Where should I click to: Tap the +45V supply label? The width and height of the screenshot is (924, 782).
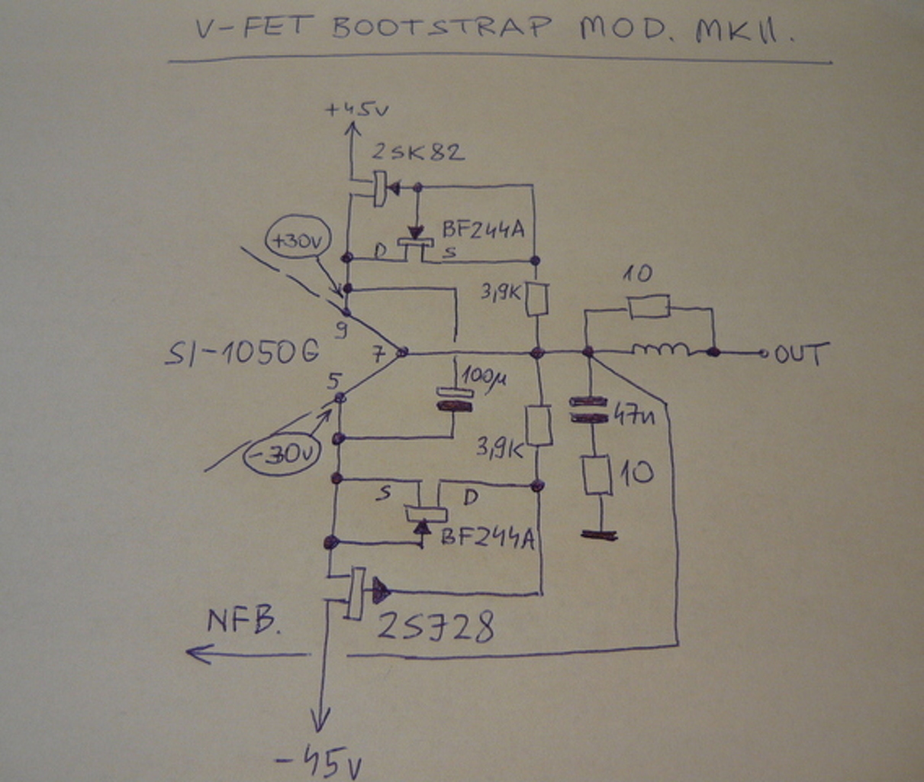pyautogui.click(x=356, y=109)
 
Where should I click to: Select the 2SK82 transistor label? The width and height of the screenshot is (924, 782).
pyautogui.click(x=417, y=152)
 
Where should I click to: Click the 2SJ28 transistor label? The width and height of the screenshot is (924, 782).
pyautogui.click(x=436, y=628)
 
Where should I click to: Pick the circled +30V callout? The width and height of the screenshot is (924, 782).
pyautogui.click(x=297, y=242)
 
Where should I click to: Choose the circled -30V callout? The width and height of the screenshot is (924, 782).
pyautogui.click(x=282, y=455)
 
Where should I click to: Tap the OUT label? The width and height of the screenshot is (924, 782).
pyautogui.click(x=801, y=354)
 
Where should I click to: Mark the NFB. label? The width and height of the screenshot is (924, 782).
pyautogui.click(x=243, y=622)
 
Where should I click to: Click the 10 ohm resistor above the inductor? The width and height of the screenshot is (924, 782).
pyautogui.click(x=649, y=307)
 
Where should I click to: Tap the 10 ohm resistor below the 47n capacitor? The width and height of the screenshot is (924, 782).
pyautogui.click(x=597, y=475)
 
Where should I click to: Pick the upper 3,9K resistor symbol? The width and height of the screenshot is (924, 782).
pyautogui.click(x=537, y=299)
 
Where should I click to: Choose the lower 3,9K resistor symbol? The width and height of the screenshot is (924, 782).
pyautogui.click(x=539, y=426)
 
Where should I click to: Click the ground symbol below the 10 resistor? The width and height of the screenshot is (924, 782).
pyautogui.click(x=599, y=535)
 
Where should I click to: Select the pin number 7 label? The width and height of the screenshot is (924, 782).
pyautogui.click(x=378, y=354)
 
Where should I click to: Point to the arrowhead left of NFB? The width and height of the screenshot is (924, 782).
pyautogui.click(x=198, y=653)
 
